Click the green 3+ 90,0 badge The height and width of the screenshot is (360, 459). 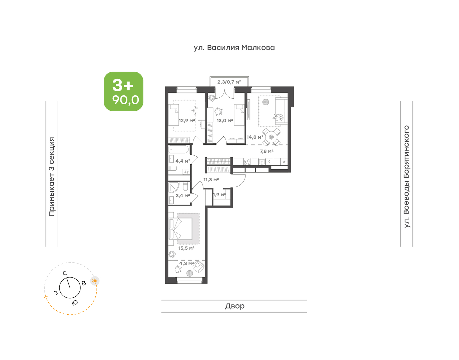(123, 91)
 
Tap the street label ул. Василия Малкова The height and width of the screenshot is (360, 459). (234, 48)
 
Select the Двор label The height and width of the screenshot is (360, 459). (235, 306)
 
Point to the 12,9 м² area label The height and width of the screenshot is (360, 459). (187, 121)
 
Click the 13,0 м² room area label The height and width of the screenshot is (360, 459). (225, 120)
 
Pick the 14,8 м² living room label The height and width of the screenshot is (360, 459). (255, 137)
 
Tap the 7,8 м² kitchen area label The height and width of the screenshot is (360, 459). (267, 151)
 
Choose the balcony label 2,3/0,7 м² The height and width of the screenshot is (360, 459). (229, 82)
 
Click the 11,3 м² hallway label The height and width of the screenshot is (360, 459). (211, 180)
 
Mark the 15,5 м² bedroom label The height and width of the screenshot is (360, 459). (186, 248)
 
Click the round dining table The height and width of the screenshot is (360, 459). (271, 137)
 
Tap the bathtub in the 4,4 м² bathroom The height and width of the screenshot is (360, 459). (179, 149)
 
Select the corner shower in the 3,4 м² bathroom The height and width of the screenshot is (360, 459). (174, 188)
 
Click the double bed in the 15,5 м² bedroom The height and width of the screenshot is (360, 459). (180, 229)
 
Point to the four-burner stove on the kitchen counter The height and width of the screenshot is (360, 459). (247, 162)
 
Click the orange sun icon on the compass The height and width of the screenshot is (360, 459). (95, 281)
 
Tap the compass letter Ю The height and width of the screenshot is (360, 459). (74, 303)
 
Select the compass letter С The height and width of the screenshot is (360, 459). (65, 273)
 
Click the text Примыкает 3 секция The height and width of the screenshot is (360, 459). (52, 176)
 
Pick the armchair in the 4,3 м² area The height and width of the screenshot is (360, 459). (198, 267)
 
